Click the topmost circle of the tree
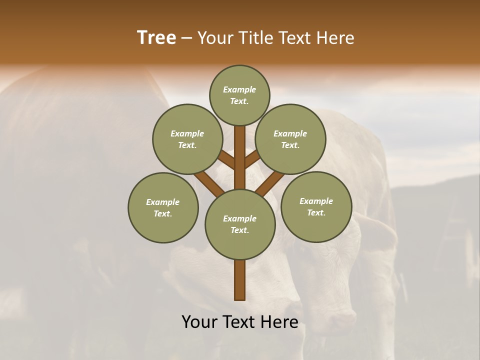pos(239,95)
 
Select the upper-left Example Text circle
pos(187,139)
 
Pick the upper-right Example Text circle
pos(290,139)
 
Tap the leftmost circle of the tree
pos(163,207)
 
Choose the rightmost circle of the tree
pos(316,206)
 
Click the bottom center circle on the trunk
pos(240,224)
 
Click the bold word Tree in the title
pos(156,38)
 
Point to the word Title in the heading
pos(255,38)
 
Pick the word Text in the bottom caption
pos(239,322)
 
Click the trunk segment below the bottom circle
pos(240,280)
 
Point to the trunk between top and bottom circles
pos(240,157)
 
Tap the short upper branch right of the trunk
pos(252,158)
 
